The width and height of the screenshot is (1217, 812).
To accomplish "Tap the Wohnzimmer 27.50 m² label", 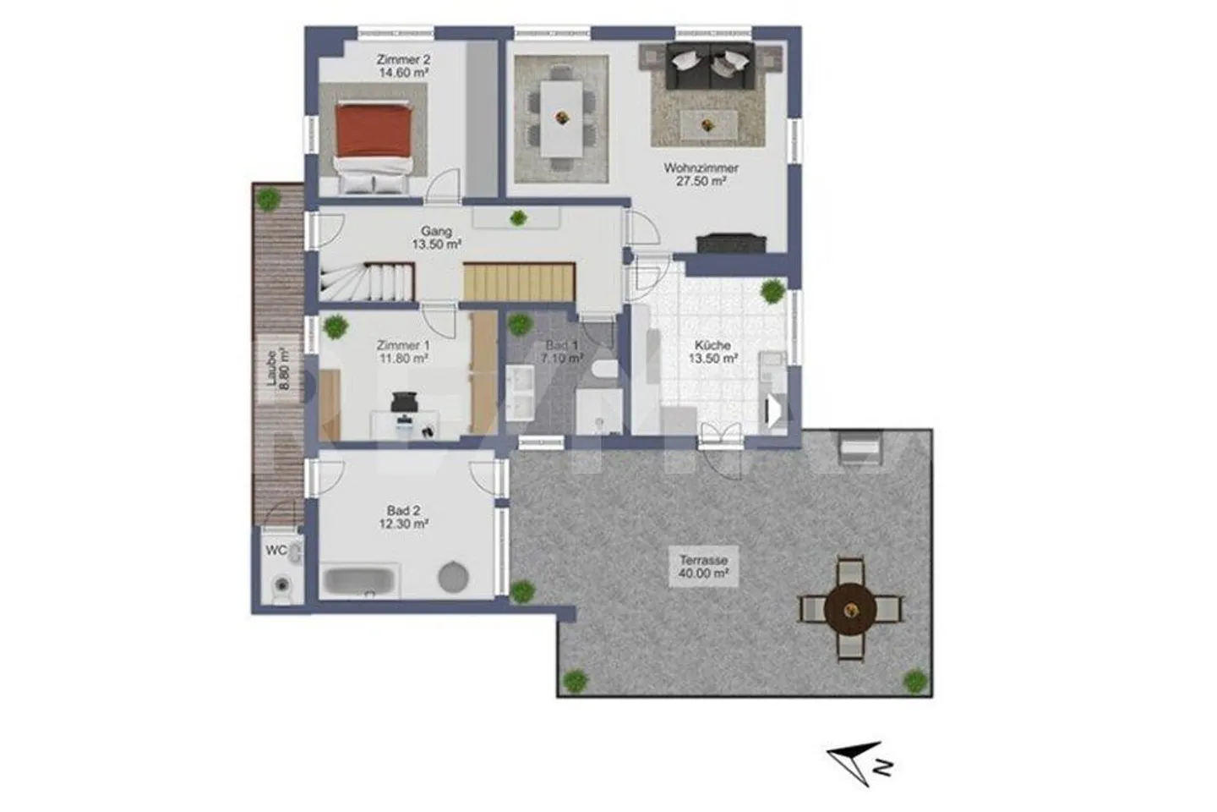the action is pyautogui.click(x=701, y=174).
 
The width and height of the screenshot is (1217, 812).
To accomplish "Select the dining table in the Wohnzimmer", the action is pyautogui.click(x=561, y=118).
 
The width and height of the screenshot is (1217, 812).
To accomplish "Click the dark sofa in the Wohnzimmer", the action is pyautogui.click(x=710, y=66).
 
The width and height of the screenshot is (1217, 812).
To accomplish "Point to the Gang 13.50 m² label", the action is pyautogui.click(x=436, y=238).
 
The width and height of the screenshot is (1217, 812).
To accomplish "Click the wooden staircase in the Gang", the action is pyautogui.click(x=519, y=282).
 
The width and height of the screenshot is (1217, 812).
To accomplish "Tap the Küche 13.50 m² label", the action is pyautogui.click(x=712, y=351).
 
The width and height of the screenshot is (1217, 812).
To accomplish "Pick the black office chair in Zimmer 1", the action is pyautogui.click(x=404, y=402).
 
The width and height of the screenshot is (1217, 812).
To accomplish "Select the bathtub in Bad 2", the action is pyautogui.click(x=358, y=581).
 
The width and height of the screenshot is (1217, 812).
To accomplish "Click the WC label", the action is pyautogui.click(x=276, y=551).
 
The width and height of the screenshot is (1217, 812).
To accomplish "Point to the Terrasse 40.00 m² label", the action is pyautogui.click(x=703, y=566).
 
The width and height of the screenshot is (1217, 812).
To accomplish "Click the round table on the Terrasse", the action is pyautogui.click(x=849, y=609).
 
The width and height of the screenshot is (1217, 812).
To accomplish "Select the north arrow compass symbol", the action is pyautogui.click(x=859, y=762).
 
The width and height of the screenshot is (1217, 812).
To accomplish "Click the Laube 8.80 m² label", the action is pyautogui.click(x=277, y=370).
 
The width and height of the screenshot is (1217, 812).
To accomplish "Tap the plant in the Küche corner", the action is pyautogui.click(x=772, y=292).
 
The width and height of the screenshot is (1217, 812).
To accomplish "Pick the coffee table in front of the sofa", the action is pyautogui.click(x=708, y=126).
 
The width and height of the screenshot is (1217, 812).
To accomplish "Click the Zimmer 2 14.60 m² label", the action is pyautogui.click(x=403, y=66).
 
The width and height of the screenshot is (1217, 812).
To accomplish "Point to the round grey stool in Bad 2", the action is pyautogui.click(x=453, y=577).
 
